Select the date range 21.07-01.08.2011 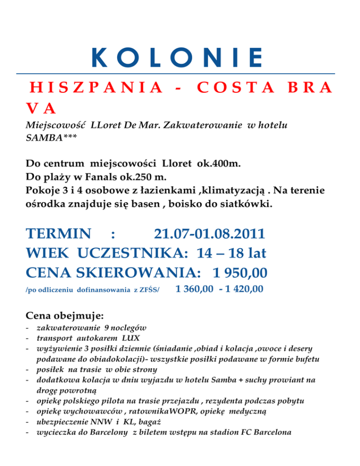coord(210,233)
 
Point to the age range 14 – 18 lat coord(232,253)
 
